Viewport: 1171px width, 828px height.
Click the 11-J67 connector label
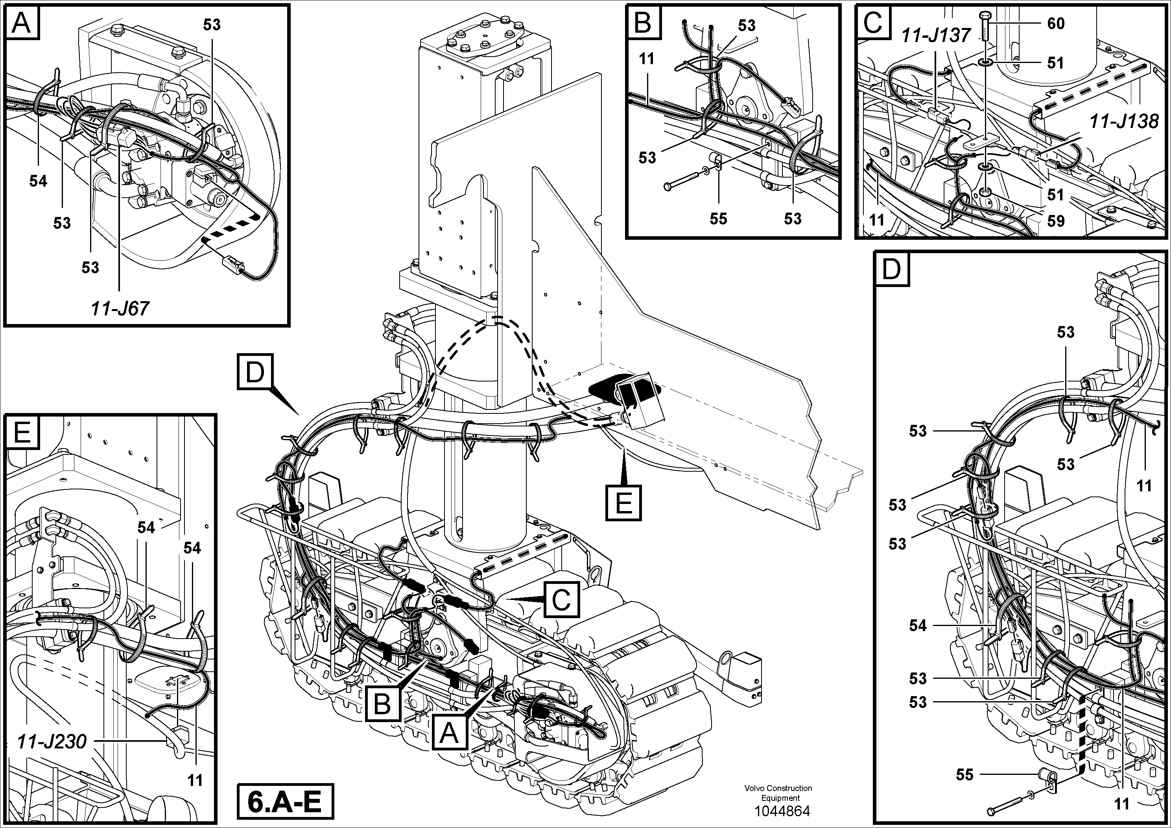point(120,308)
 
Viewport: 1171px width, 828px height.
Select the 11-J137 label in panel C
point(935,36)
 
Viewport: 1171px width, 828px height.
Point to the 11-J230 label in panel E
point(52,741)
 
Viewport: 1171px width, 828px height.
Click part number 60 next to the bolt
point(1055,24)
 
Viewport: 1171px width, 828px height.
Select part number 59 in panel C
point(1055,221)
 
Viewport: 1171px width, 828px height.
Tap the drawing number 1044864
point(782,811)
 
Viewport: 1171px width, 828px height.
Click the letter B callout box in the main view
point(382,704)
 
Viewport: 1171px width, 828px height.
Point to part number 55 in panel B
point(718,219)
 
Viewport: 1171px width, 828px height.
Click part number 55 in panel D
point(964,775)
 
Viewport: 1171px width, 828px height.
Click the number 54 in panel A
point(38,181)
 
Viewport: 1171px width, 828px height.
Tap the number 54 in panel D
point(918,625)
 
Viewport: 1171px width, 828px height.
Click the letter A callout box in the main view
point(449,734)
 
